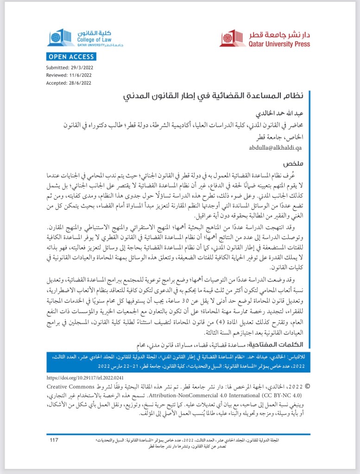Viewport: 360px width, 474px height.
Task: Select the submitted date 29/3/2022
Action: pos(82,68)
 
